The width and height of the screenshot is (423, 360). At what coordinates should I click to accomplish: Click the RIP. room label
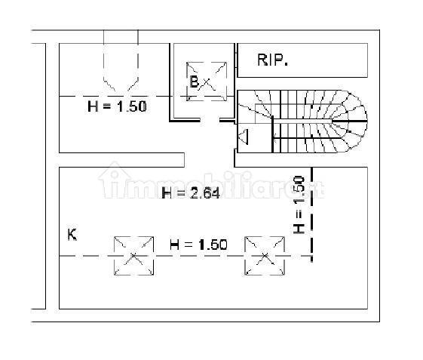pyautogui.click(x=272, y=60)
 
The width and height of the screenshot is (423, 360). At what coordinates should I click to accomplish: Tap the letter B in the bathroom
pyautogui.click(x=195, y=82)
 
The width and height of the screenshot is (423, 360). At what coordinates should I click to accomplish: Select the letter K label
pyautogui.click(x=72, y=235)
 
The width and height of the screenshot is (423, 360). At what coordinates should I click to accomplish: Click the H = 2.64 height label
pyautogui.click(x=191, y=193)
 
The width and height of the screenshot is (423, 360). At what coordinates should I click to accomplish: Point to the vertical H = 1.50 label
pyautogui.click(x=299, y=205)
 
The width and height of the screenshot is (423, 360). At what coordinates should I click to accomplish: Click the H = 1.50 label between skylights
pyautogui.click(x=198, y=245)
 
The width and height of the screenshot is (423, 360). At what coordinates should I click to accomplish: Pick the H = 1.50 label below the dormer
pyautogui.click(x=117, y=106)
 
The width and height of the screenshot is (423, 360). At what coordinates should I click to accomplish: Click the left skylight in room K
pyautogui.click(x=133, y=256)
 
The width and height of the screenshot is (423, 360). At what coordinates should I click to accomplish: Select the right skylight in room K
pyautogui.click(x=265, y=256)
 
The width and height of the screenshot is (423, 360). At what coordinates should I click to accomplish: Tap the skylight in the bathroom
pyautogui.click(x=207, y=82)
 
